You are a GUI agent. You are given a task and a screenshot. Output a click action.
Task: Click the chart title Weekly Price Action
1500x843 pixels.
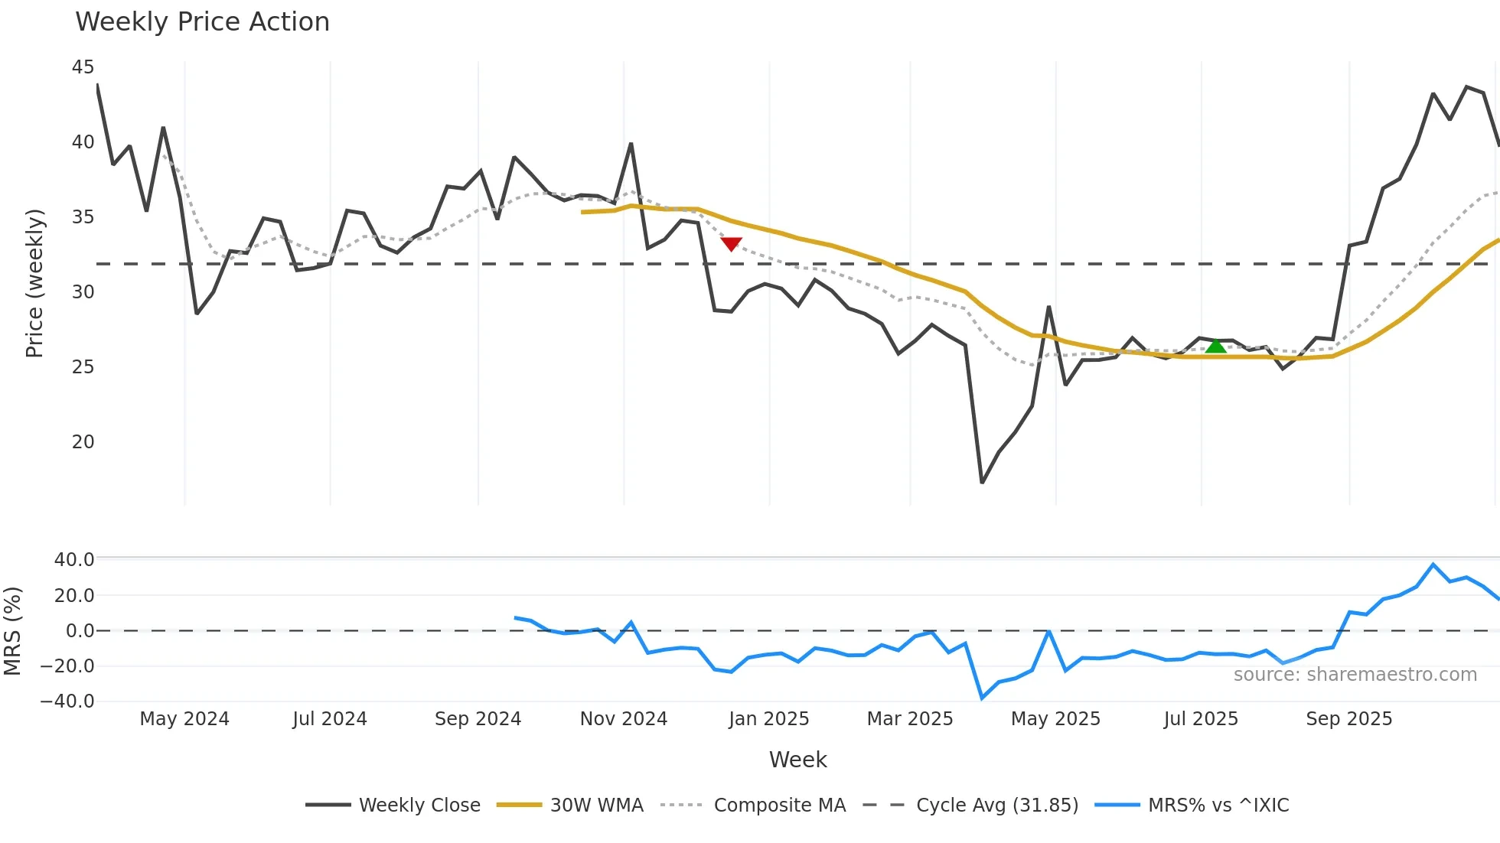click(202, 22)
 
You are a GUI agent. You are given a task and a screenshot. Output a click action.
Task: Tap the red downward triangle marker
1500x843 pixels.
click(732, 244)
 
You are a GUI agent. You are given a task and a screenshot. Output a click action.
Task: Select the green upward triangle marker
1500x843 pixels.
click(1216, 347)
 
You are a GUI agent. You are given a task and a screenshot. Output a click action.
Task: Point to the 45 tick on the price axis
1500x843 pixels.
click(83, 67)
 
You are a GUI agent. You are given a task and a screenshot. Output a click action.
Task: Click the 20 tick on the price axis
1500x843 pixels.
click(83, 442)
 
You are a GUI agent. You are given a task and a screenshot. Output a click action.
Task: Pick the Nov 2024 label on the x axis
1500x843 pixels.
click(623, 719)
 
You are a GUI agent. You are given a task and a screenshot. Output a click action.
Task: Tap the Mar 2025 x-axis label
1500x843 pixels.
click(909, 719)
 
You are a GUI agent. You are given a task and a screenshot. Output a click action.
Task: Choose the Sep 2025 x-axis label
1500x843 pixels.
click(1348, 719)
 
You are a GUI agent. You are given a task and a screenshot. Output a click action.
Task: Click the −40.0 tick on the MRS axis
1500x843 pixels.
click(67, 701)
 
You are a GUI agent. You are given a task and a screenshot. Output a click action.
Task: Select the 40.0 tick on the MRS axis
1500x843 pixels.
click(74, 560)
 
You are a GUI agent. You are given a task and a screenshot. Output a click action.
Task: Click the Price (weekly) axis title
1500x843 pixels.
click(34, 283)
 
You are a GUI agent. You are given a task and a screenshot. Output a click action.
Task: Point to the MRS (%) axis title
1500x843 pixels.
click(12, 631)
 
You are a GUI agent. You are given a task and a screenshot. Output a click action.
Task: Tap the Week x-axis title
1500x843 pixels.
click(797, 760)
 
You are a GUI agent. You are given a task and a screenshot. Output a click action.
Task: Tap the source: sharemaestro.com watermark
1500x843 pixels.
click(1355, 675)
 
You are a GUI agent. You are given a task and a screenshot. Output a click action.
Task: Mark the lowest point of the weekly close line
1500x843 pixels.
click(982, 482)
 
